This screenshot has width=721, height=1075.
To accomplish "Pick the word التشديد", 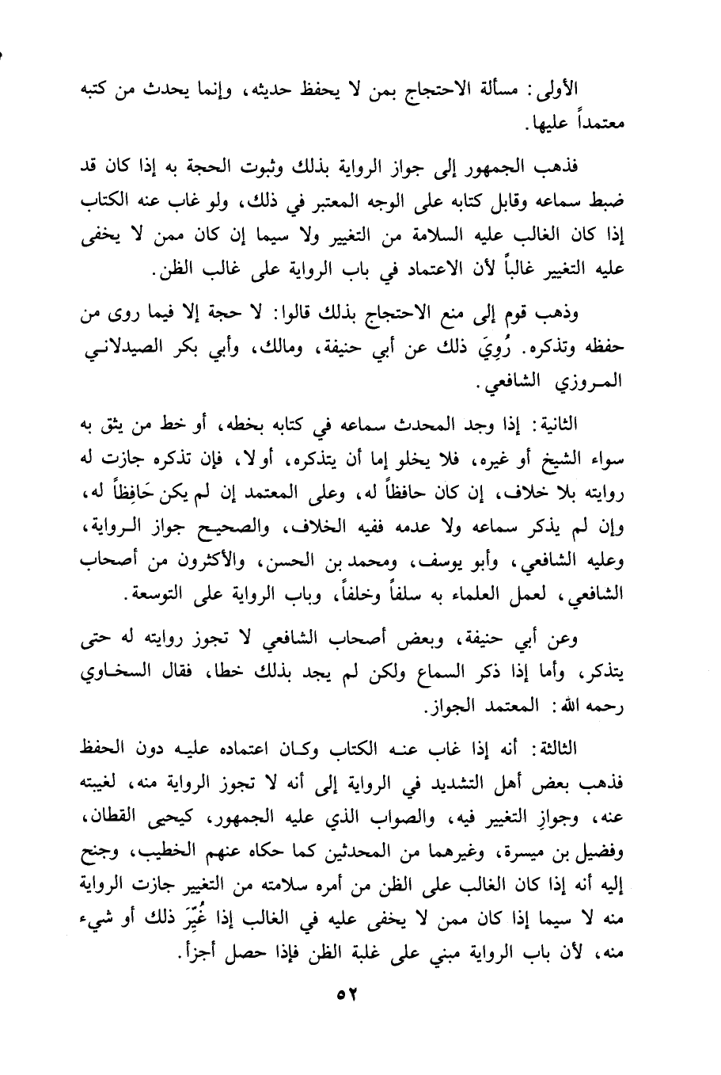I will [465, 783].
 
